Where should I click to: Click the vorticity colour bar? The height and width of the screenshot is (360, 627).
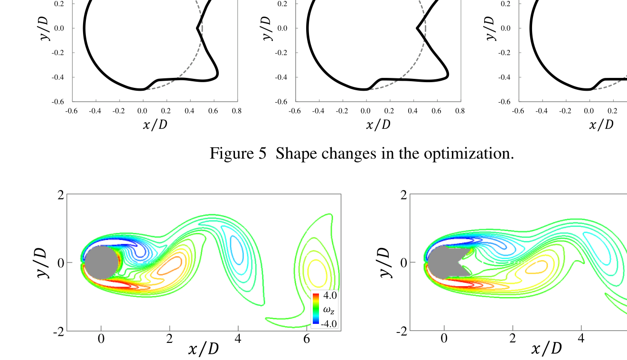316,309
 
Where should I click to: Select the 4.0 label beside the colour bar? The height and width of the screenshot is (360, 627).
330,295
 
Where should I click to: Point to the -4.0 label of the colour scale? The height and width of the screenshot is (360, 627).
328,324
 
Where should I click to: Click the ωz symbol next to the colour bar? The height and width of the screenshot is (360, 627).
328,310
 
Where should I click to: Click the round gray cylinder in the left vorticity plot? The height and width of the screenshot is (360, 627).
101,262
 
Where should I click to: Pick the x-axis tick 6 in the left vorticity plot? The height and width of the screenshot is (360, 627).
306,339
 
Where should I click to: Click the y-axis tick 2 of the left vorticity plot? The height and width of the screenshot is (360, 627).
60,195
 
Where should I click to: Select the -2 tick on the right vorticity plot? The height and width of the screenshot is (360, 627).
402,331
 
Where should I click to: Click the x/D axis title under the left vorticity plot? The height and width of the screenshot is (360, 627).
204,349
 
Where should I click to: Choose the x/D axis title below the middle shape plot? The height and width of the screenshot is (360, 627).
378,125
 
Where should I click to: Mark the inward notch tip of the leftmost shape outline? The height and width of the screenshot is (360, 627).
197,28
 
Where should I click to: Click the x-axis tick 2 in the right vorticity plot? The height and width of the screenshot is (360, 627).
513,339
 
